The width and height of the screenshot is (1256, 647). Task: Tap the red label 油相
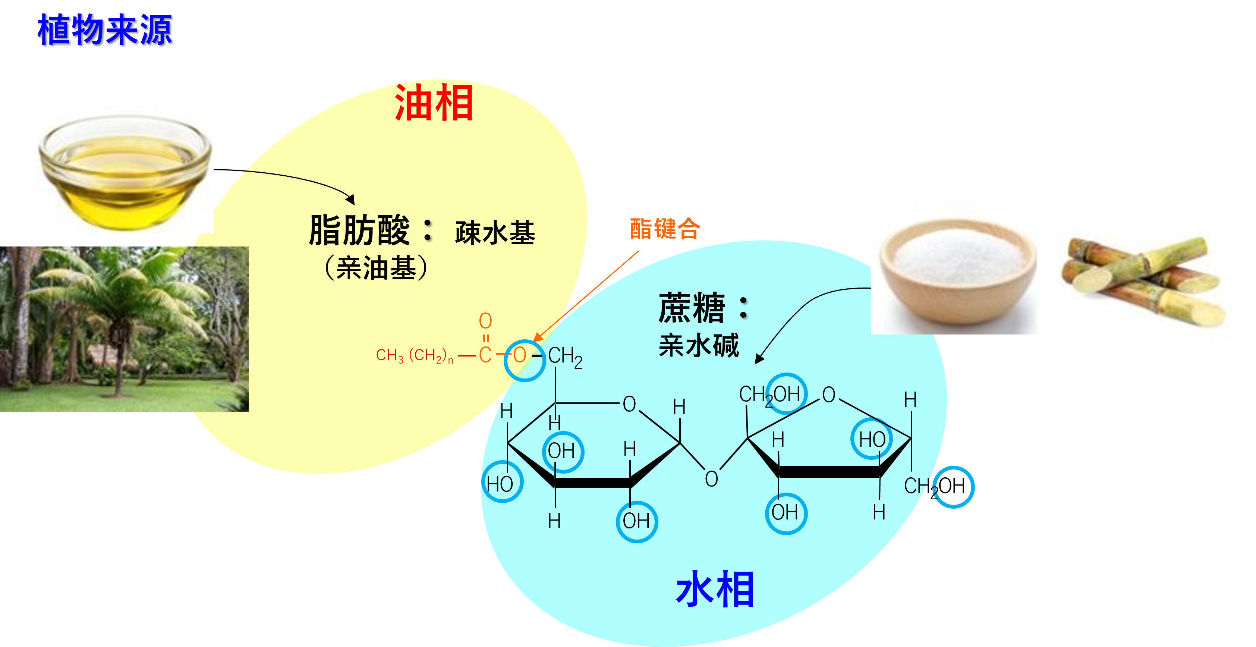click(434, 103)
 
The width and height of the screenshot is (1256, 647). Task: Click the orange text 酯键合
click(665, 229)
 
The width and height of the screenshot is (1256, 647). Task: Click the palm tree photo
click(124, 329)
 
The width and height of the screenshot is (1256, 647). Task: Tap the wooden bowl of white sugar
click(958, 273)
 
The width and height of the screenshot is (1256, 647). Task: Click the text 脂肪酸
click(359, 230)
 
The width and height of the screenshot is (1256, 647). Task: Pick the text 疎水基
click(494, 233)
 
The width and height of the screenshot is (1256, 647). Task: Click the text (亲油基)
click(376, 268)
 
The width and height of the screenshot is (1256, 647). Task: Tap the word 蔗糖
click(692, 308)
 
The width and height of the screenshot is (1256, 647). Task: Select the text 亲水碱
click(698, 345)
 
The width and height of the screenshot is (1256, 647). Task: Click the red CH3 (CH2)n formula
click(415, 355)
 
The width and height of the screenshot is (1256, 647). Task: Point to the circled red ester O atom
click(520, 355)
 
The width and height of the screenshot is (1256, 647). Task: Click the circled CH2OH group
click(770, 394)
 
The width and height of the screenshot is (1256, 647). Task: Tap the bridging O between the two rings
click(711, 479)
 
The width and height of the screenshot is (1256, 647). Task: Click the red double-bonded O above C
click(485, 320)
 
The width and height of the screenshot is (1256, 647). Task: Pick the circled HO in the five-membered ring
click(872, 439)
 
